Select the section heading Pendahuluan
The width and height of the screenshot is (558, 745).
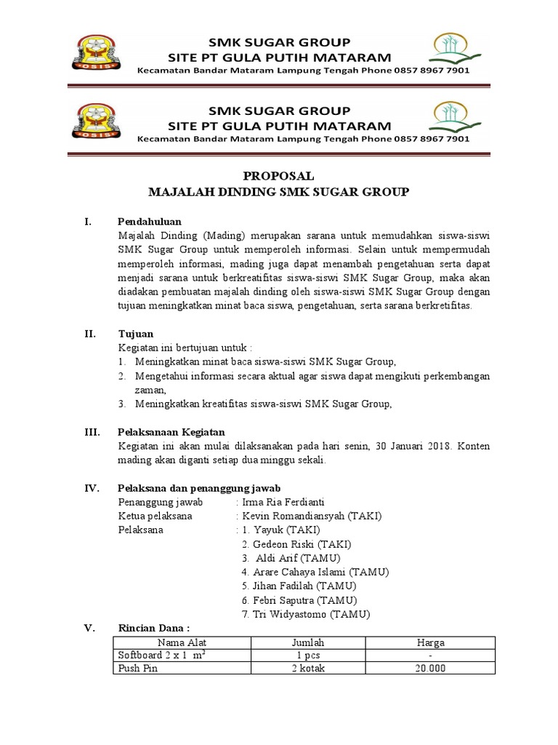coord(150,221)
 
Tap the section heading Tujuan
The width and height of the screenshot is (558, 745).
coord(135,333)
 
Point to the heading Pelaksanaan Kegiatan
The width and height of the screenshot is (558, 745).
coord(171,432)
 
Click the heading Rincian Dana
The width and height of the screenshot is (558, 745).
coord(154,629)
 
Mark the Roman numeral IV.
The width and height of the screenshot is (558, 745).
coord(92,488)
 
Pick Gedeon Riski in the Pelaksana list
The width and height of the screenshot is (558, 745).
coord(280,544)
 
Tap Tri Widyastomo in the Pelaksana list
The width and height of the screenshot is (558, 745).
coord(285,615)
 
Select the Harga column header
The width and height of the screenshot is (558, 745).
coord(430,643)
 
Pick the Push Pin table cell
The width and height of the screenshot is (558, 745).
coord(138,669)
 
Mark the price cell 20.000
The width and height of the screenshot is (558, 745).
coord(430,669)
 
